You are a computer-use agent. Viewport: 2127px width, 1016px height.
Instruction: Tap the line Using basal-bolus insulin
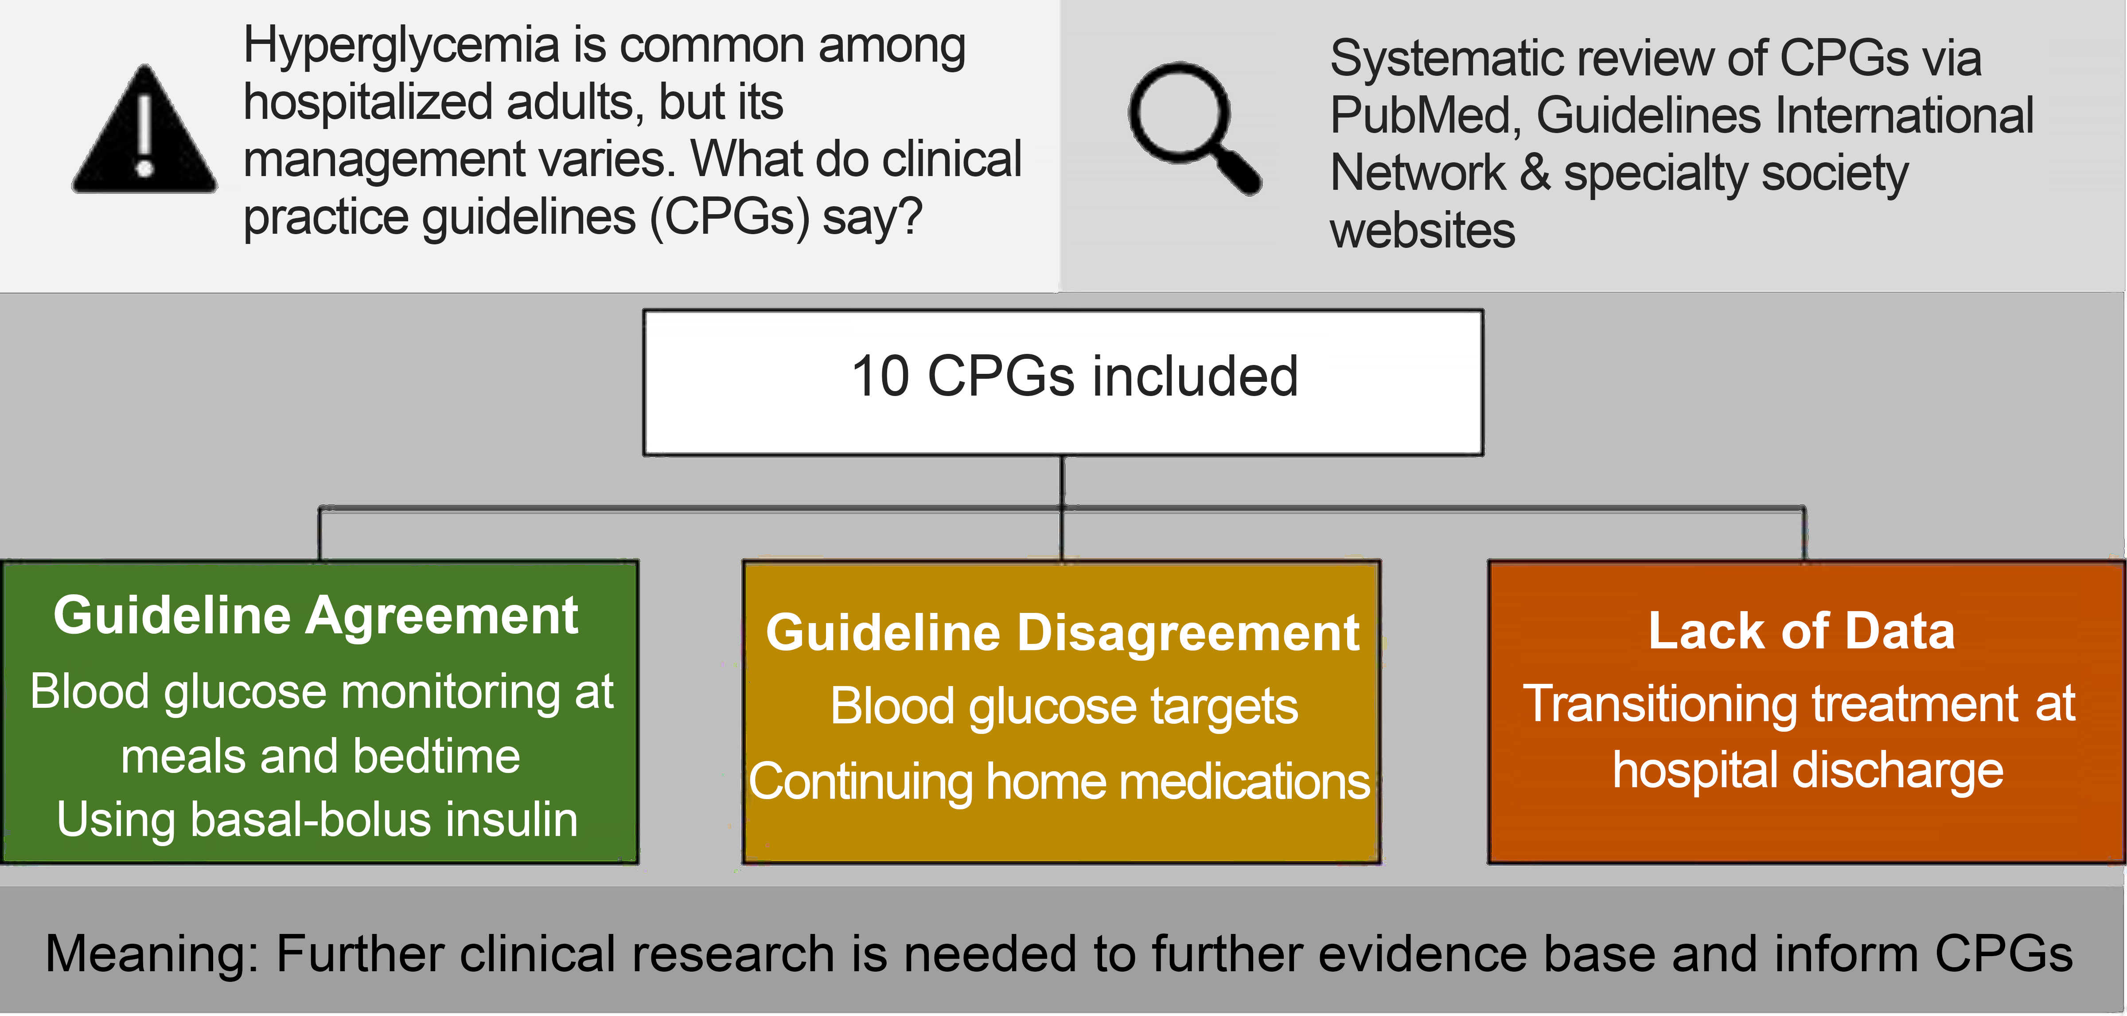317,820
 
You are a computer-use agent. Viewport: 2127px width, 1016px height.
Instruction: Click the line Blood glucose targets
1063,707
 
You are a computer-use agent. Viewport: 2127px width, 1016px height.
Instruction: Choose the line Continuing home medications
1060,781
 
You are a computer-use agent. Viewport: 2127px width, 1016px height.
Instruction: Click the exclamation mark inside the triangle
145,136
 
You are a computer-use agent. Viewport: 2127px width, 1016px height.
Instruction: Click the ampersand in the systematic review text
1534,173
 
